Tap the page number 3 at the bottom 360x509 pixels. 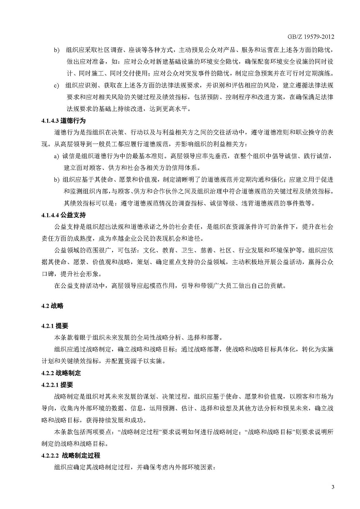pos(332,487)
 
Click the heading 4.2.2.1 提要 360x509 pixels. pos(57,384)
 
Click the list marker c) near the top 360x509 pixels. pos(56,86)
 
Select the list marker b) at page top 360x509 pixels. pos(56,51)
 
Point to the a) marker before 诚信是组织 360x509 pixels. pos(56,156)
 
